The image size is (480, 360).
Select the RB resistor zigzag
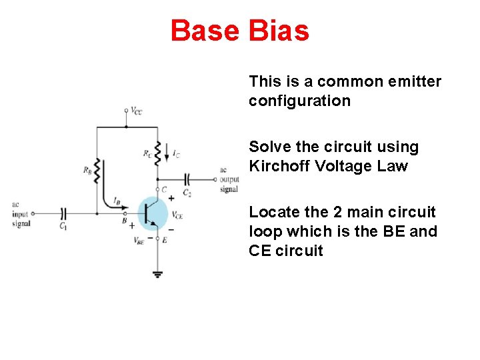coord(97,170)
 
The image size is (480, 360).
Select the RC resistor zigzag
coord(157,153)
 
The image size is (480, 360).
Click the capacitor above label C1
coord(63,213)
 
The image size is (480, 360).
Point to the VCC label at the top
coord(136,111)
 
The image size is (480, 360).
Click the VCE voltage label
coord(177,215)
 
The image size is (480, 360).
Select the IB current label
coord(117,199)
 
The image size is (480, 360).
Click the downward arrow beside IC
coord(167,152)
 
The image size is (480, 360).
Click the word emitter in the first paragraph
coord(415,81)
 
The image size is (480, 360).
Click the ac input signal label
coord(21,214)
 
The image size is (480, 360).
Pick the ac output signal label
coord(229,179)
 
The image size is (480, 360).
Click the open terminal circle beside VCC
coord(125,111)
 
